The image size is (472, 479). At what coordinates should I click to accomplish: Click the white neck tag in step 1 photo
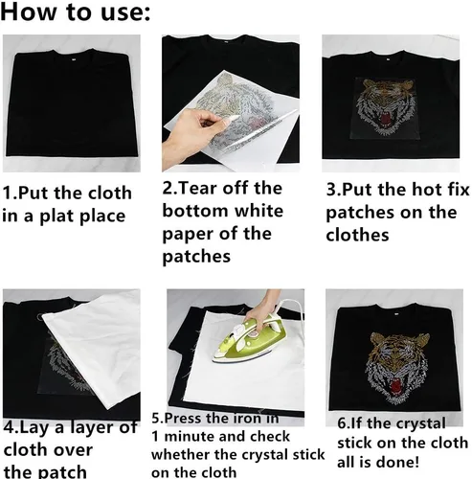pyautogui.click(x=73, y=58)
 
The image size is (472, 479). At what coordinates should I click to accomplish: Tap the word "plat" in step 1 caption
pyautogui.click(x=57, y=217)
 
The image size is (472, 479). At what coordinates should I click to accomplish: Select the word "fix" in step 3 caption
pyautogui.click(x=459, y=189)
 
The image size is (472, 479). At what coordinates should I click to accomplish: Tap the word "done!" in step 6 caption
pyautogui.click(x=401, y=462)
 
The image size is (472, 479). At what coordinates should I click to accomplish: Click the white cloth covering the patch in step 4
pyautogui.click(x=95, y=348)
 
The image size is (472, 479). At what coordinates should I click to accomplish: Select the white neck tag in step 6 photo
pyautogui.click(x=396, y=314)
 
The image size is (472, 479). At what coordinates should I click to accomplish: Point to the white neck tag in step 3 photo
pyautogui.click(x=388, y=59)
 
